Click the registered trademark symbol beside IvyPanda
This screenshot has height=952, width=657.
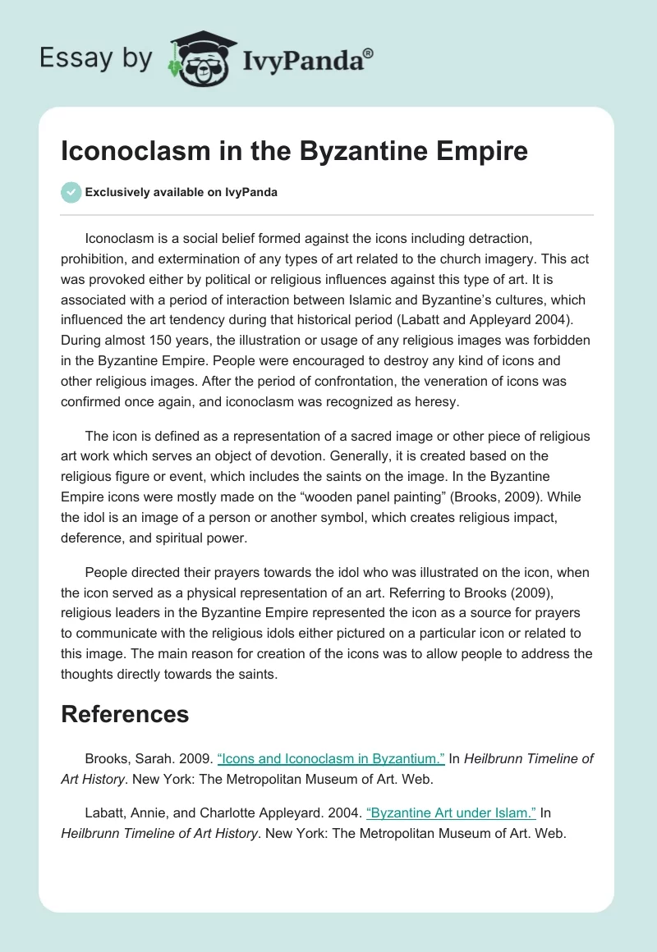pyautogui.click(x=369, y=54)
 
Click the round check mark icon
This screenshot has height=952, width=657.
pyautogui.click(x=71, y=192)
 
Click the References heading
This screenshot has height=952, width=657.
pyautogui.click(x=125, y=714)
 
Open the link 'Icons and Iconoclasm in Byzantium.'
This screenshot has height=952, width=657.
pyautogui.click(x=331, y=759)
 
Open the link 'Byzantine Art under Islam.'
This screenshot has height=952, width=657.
pyautogui.click(x=451, y=813)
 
